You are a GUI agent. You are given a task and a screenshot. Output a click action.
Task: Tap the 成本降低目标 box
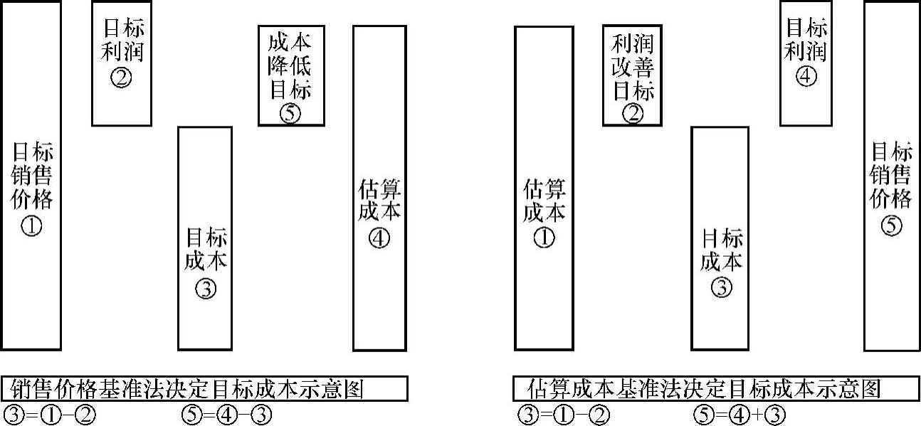tap(290, 75)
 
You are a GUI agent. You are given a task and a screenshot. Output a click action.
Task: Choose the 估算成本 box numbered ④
tap(379, 188)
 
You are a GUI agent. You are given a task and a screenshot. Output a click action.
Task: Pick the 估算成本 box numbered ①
tap(544, 188)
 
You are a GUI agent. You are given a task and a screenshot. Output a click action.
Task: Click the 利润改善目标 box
tap(632, 75)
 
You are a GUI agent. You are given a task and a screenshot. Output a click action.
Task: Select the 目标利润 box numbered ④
tap(805, 63)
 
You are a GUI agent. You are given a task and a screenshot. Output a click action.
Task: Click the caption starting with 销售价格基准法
tap(204, 389)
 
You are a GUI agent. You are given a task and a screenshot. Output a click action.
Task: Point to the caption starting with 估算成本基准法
tap(715, 389)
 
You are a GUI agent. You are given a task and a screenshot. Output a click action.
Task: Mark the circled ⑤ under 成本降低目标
tap(290, 113)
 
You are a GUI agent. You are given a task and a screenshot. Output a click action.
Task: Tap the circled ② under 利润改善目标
tap(632, 112)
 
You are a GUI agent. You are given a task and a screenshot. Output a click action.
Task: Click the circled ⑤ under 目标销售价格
tap(891, 226)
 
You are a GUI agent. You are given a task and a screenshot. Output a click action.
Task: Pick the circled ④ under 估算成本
tap(379, 238)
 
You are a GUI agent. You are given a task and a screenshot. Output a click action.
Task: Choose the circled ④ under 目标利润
tap(805, 76)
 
